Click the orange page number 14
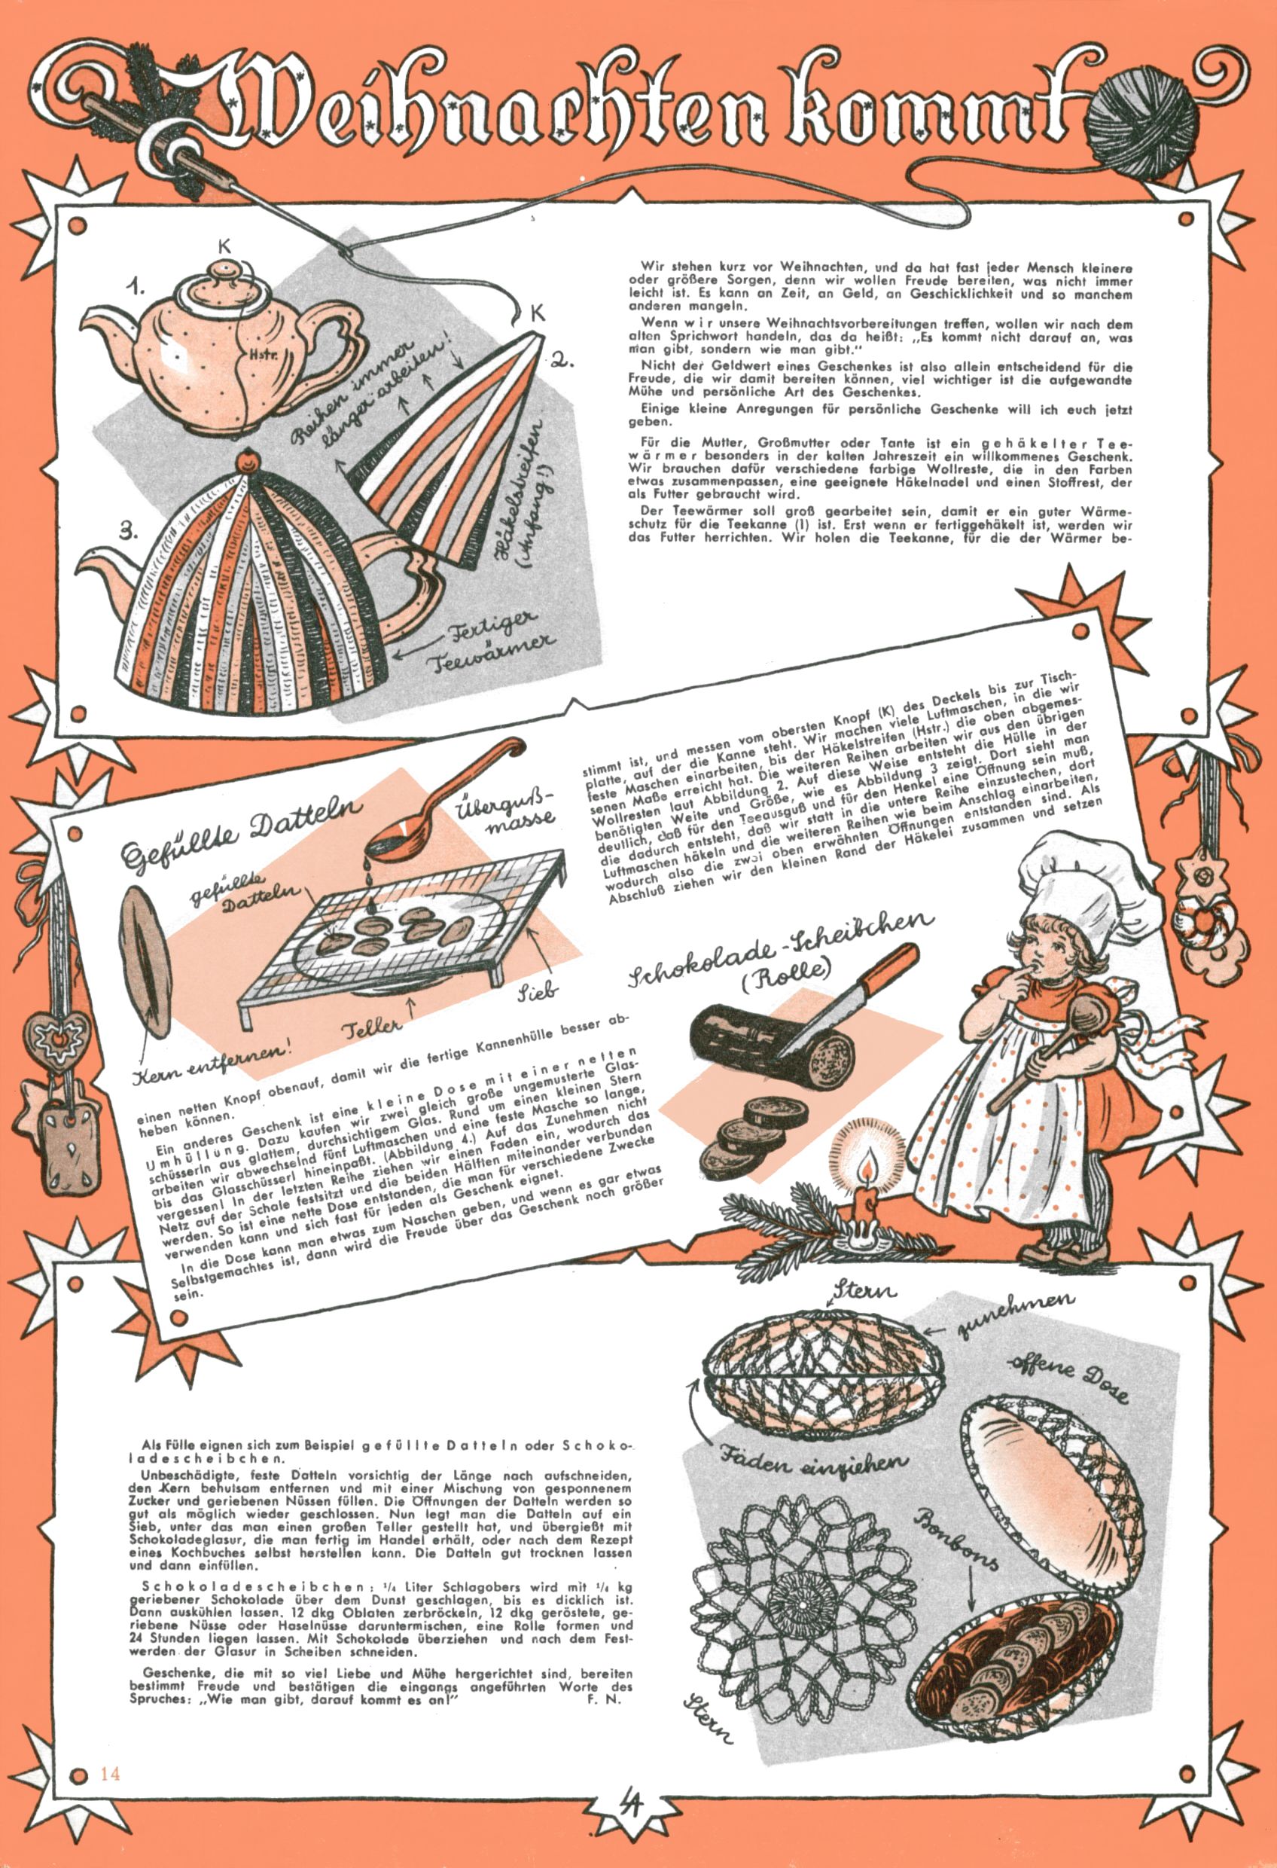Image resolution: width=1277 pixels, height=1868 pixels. click(109, 1773)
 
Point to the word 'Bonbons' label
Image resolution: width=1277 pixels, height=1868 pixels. click(957, 1536)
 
